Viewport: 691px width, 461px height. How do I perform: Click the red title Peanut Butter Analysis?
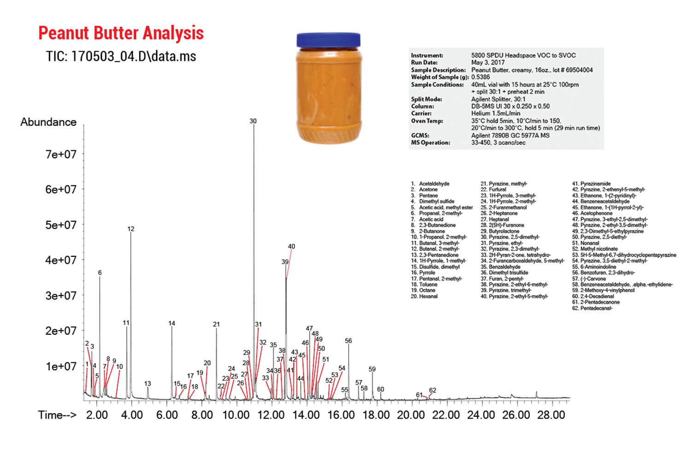tap(121, 33)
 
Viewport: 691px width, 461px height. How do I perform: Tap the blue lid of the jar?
tap(328, 40)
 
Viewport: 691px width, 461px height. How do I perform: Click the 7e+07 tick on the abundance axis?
tap(61, 154)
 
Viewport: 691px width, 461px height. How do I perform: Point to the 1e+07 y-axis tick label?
tap(61, 366)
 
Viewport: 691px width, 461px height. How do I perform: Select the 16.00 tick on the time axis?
tap(341, 415)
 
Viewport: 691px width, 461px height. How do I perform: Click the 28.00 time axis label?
tap(551, 415)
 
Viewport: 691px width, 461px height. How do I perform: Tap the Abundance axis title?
tap(48, 122)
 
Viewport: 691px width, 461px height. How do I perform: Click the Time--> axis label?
tap(57, 415)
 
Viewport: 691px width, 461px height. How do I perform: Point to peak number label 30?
tap(253, 121)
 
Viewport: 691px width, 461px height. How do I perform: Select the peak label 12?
tap(131, 229)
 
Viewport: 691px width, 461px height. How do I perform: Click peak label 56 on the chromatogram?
tap(348, 341)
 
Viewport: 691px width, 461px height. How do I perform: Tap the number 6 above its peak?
tap(100, 273)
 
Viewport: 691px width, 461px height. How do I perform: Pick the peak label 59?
tap(372, 369)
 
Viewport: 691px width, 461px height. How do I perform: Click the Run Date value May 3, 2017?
tap(487, 62)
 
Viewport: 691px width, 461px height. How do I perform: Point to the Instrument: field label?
tap(427, 55)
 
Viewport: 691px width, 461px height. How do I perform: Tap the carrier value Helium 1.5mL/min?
tap(496, 113)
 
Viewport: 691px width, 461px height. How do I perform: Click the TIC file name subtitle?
tap(121, 56)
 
